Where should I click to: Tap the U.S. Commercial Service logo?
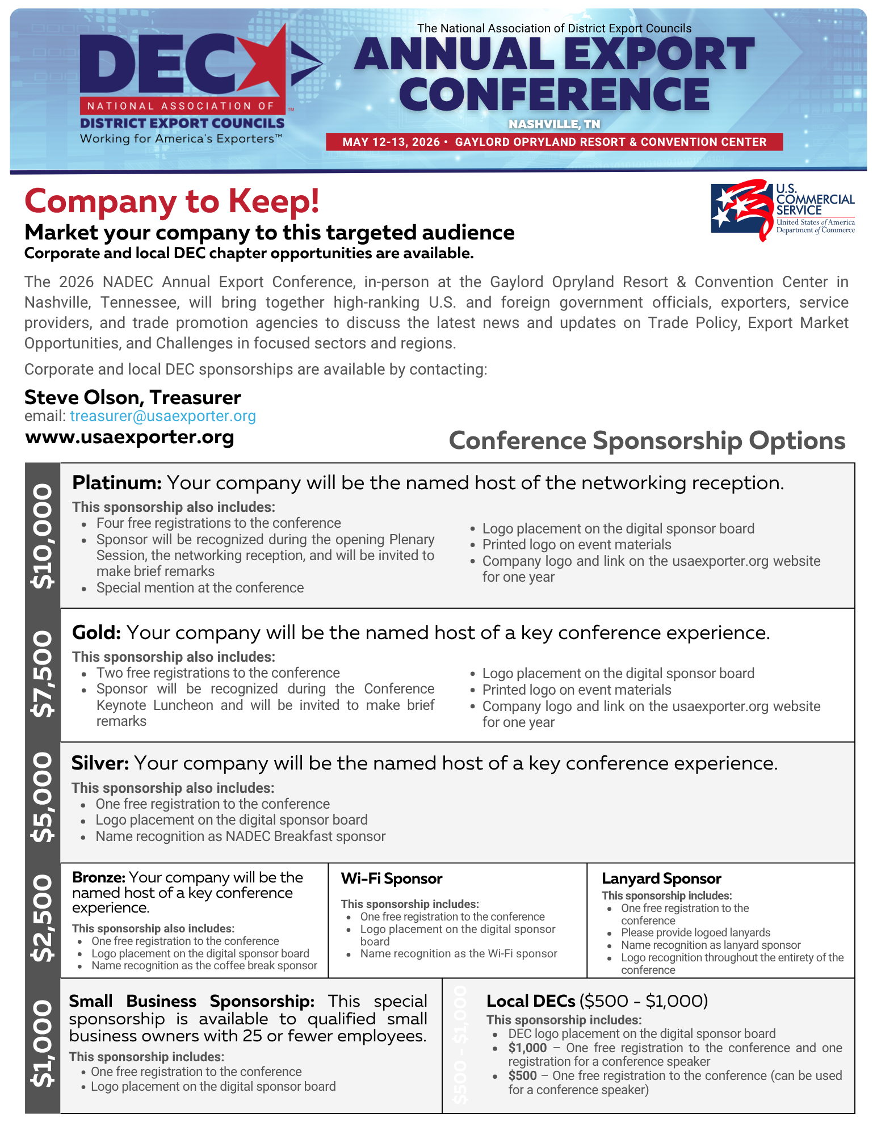[782, 210]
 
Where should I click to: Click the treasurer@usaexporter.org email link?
[162, 416]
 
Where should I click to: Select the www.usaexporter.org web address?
[129, 437]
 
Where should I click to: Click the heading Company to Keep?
[172, 201]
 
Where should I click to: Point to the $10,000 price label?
[43, 536]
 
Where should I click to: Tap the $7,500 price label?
[43, 674]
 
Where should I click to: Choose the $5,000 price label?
[43, 797]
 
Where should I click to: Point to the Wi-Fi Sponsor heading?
[391, 878]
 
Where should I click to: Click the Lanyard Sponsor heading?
[661, 878]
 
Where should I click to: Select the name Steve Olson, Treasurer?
[133, 397]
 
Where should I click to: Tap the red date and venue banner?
[554, 142]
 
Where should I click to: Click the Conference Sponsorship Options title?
[647, 441]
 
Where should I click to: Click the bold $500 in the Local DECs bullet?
[522, 1075]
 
